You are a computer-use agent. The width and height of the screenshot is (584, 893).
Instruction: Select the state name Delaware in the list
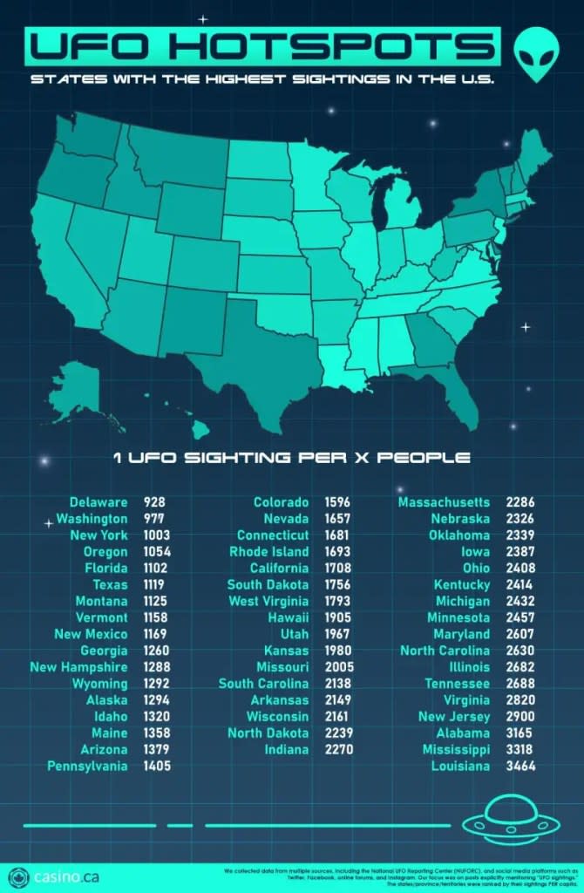coord(98,502)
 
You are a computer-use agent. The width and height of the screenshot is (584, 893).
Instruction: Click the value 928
coord(154,502)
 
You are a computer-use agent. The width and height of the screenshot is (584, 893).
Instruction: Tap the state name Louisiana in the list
coord(460,767)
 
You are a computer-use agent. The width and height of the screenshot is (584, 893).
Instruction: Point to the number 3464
coord(519,767)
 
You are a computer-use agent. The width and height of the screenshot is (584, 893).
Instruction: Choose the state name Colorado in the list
coord(281,502)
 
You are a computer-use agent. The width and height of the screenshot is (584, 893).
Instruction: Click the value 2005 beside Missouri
coord(337,667)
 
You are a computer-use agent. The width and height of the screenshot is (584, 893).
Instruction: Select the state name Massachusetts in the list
coord(444,502)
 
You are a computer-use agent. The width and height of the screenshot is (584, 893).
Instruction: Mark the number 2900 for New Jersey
coord(519,717)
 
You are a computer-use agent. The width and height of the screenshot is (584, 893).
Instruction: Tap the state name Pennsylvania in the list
coord(87,767)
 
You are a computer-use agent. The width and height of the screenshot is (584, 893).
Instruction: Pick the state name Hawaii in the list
coord(288,617)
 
